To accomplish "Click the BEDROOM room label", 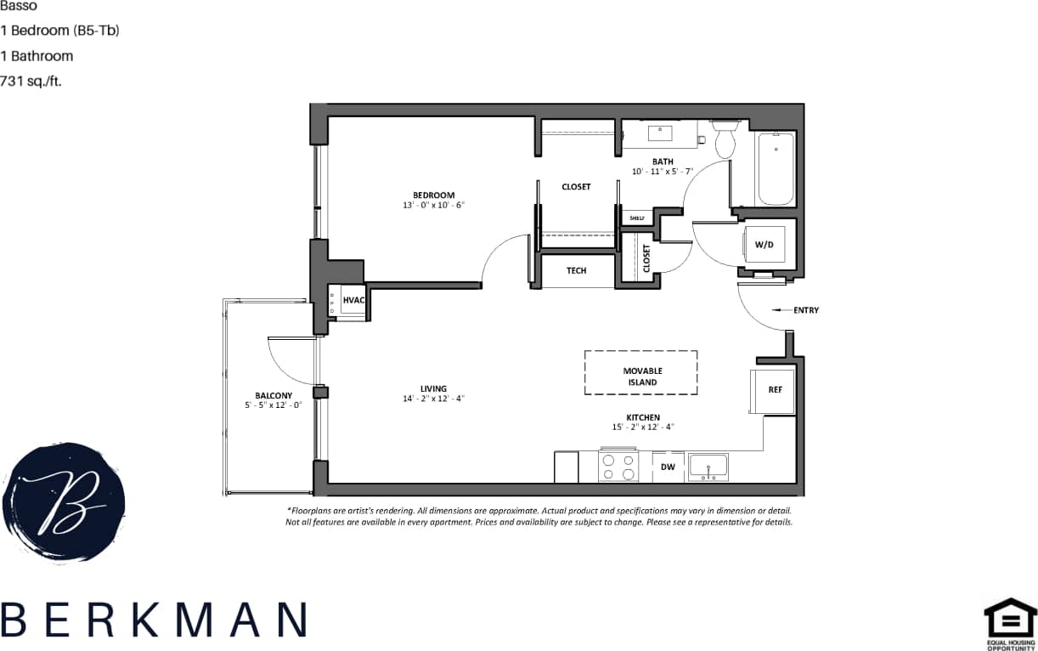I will tap(433, 195).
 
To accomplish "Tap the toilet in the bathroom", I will tap(725, 140).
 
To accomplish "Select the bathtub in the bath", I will tap(775, 168).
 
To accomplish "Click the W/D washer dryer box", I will tap(764, 245).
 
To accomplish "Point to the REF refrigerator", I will tap(774, 390).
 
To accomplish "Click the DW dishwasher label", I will tap(668, 467).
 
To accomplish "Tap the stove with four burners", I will tap(618, 467).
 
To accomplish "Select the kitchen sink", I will tap(708, 466).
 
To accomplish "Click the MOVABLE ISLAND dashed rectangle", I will tap(640, 372).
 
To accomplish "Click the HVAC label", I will tap(353, 300).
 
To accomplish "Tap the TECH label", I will tap(577, 271).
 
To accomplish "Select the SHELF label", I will tap(637, 218).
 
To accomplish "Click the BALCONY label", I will tap(274, 395).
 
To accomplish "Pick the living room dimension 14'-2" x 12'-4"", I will tap(433, 399).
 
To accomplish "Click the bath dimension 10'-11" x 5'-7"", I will tap(663, 172).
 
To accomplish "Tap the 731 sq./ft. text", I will tap(31, 82).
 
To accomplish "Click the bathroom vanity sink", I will tap(660, 133).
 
